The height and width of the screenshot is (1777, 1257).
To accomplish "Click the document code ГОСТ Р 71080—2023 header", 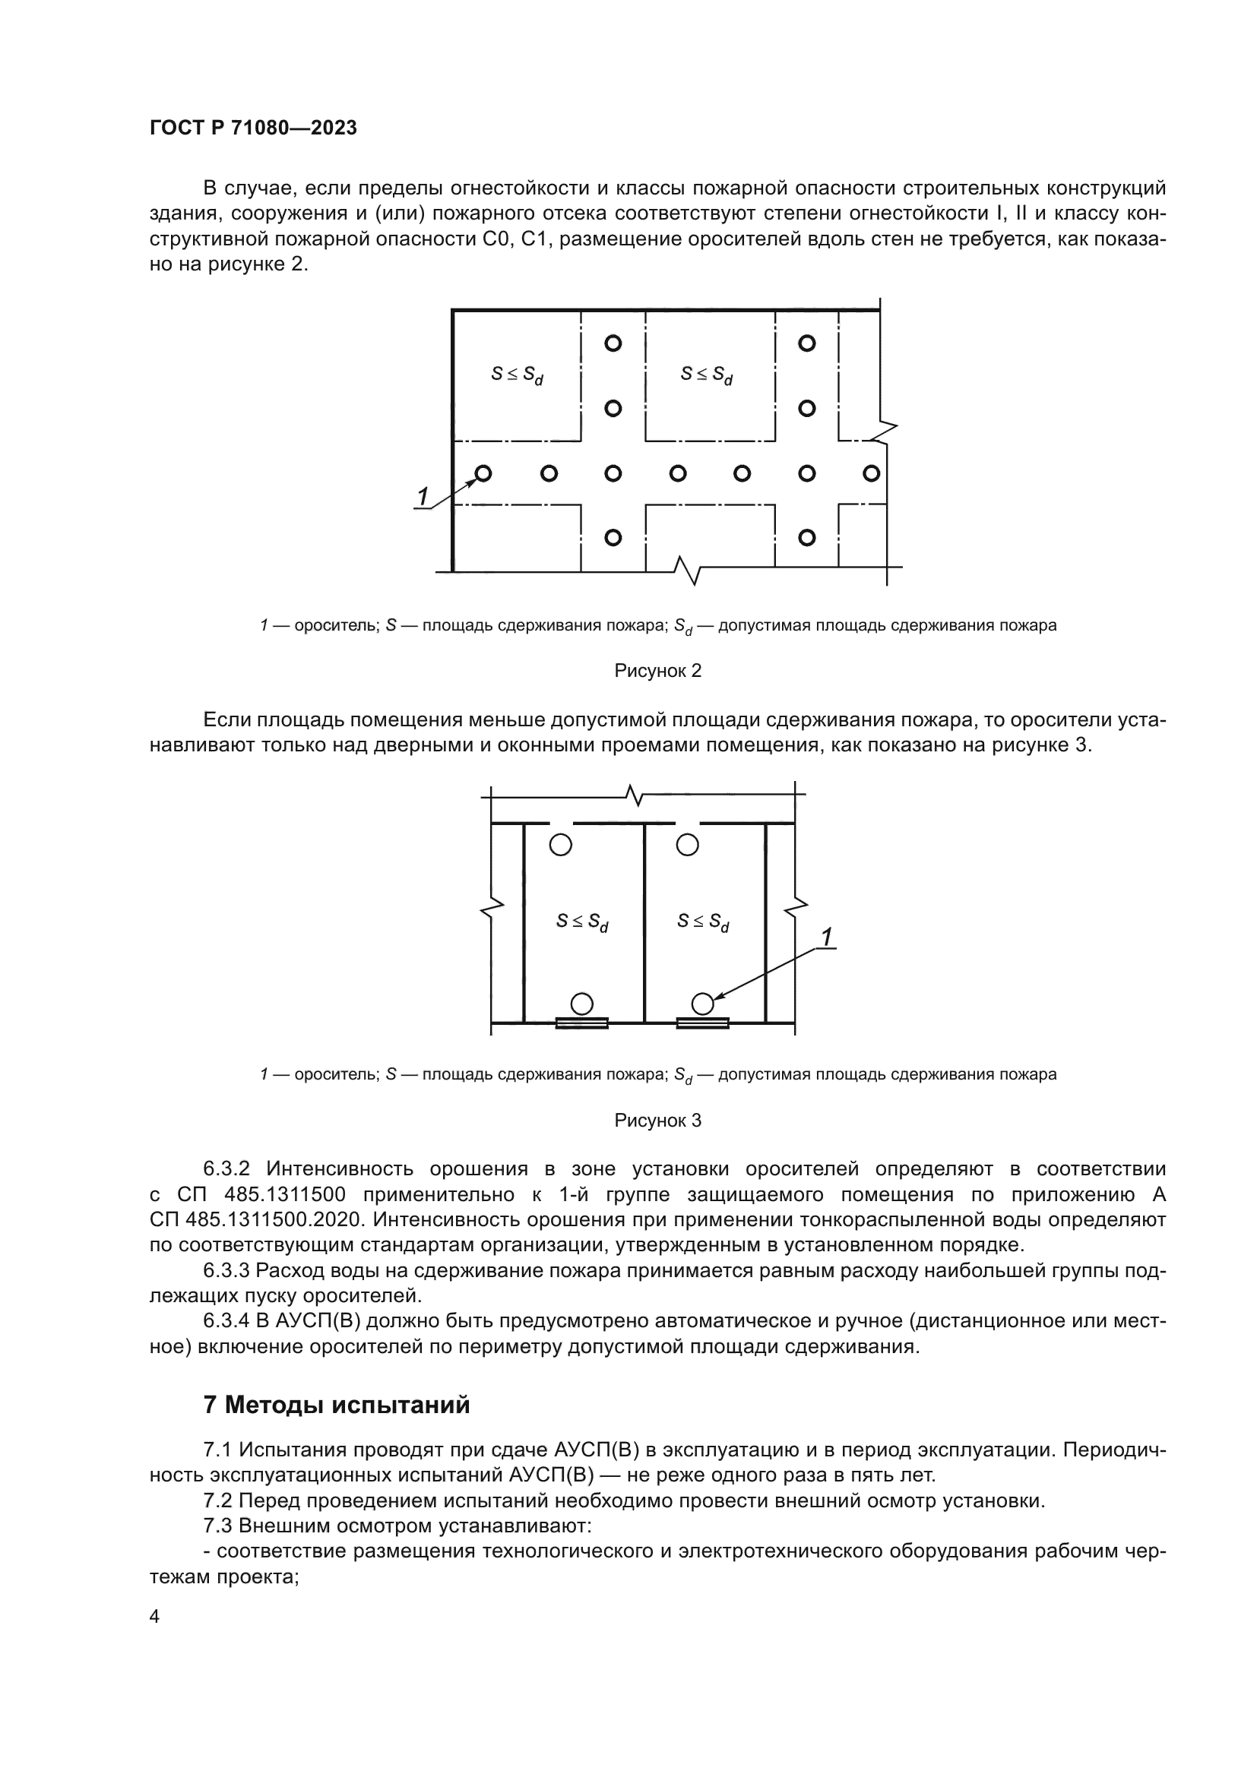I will (253, 128).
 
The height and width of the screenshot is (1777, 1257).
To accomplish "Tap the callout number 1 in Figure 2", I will (423, 497).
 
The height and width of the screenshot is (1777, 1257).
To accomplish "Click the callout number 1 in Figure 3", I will (826, 938).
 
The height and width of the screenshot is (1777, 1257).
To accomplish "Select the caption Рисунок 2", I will (657, 671).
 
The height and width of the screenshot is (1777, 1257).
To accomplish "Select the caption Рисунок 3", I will (657, 1121).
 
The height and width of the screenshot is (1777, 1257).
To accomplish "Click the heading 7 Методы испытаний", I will (336, 1405).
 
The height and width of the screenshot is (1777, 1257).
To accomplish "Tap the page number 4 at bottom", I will (154, 1617).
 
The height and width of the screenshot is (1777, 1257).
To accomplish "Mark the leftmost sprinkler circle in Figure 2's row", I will (483, 473).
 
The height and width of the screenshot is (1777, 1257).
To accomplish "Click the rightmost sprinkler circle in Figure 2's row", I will (871, 473).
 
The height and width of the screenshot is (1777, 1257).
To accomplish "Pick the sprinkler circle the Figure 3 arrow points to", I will (702, 1004).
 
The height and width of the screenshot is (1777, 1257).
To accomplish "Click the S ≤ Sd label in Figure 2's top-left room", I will (517, 375).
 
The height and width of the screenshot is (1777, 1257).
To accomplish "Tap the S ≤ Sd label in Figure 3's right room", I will (703, 922).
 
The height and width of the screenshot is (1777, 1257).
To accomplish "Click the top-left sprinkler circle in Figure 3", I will (560, 844).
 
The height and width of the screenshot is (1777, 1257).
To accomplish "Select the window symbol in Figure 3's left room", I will (581, 1023).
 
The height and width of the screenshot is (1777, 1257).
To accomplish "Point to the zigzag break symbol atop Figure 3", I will (635, 794).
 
